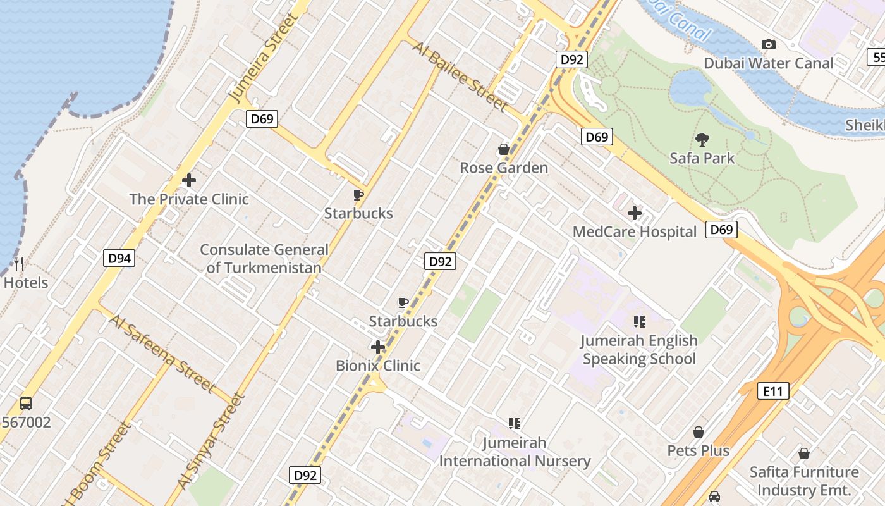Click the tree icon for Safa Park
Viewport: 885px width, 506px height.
(702, 139)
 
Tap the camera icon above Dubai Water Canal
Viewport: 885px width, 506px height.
(769, 44)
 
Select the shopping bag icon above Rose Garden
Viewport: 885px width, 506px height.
(504, 149)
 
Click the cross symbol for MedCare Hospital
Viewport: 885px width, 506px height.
(635, 214)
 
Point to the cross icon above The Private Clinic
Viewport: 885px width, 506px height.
(188, 180)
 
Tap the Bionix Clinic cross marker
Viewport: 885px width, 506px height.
(378, 347)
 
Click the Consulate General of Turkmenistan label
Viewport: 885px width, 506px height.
(264, 259)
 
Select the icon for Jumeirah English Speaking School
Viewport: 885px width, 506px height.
(639, 322)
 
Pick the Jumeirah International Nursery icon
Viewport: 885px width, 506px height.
(515, 423)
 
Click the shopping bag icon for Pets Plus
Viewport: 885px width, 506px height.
(699, 432)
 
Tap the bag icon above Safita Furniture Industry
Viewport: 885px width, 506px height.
(804, 454)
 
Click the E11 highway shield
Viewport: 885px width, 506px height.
(773, 391)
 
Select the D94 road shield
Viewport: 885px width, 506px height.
(119, 257)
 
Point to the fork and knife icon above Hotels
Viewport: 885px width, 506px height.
(20, 264)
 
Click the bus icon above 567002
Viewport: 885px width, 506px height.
(26, 403)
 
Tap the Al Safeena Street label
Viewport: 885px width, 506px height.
(162, 352)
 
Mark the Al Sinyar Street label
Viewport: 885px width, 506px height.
(211, 441)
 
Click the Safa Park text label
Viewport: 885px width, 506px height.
(702, 158)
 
